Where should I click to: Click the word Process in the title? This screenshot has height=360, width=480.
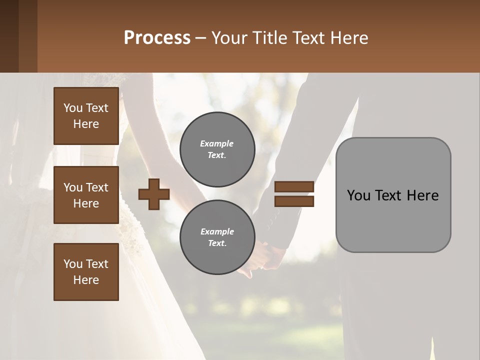point(157,38)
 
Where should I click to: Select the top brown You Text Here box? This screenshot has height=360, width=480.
point(86,116)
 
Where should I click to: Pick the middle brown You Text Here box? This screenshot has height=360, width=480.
point(86,195)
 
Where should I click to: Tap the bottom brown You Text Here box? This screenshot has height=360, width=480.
point(86,271)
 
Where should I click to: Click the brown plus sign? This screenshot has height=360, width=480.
point(153,194)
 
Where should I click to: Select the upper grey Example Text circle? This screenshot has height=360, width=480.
point(217,149)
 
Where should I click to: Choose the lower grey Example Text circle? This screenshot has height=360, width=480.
point(217,237)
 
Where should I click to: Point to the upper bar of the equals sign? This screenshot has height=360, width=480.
point(294,186)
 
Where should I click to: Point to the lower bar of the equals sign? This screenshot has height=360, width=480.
point(294,201)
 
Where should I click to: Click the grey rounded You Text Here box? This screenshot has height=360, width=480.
point(393,195)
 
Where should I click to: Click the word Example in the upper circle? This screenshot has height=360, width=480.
point(216,143)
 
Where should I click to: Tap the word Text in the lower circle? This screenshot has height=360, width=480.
point(216,243)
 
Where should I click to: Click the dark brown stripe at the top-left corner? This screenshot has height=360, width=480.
point(9,36)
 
